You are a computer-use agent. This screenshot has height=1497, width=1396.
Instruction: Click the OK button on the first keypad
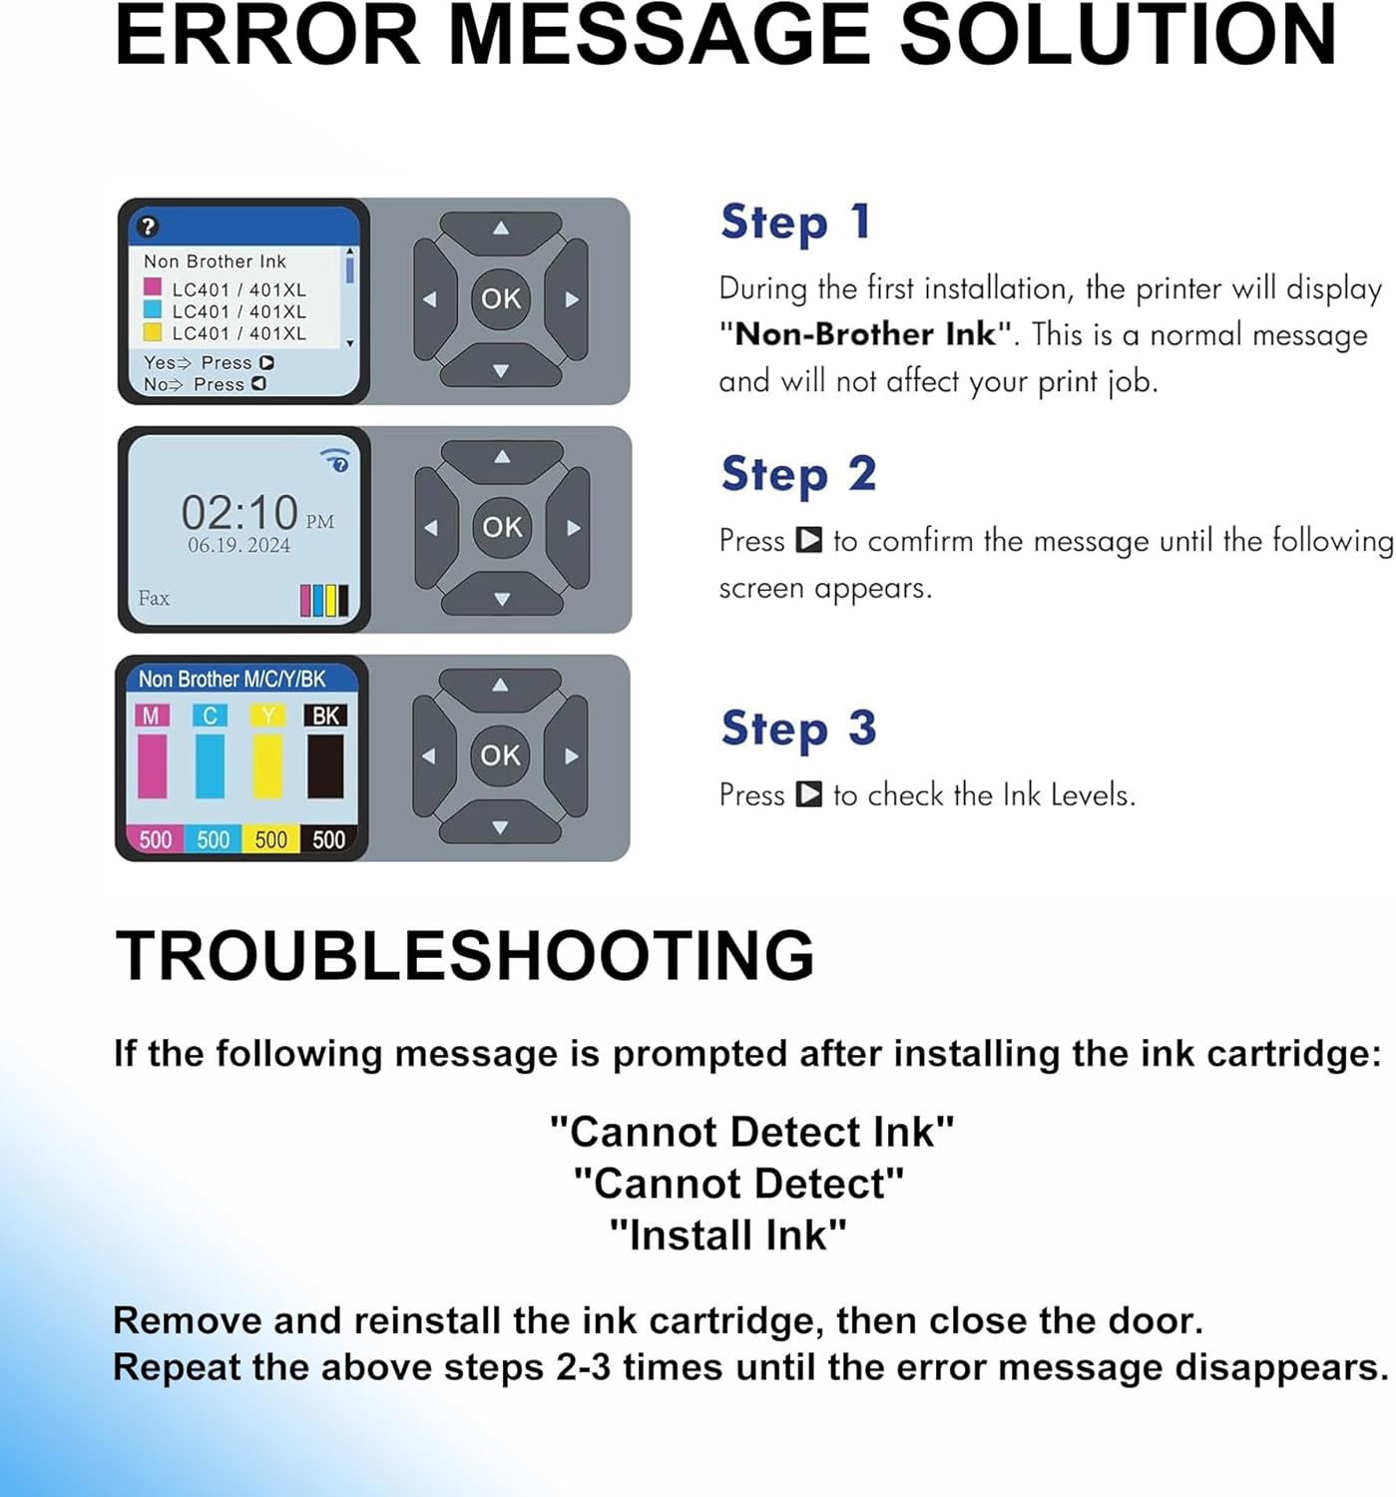coord(501,298)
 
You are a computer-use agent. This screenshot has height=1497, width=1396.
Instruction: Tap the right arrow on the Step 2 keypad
coord(573,528)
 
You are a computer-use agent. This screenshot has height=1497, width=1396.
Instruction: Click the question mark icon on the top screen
coord(148,227)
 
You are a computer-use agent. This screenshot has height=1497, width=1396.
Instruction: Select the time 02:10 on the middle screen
coord(239,513)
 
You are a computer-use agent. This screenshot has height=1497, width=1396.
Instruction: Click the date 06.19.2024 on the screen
coord(239,546)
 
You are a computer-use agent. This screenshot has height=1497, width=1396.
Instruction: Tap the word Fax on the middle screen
coord(154,599)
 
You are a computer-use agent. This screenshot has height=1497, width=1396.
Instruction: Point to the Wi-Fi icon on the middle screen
coord(336,460)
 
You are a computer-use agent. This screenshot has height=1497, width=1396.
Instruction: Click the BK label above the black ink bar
coord(325,716)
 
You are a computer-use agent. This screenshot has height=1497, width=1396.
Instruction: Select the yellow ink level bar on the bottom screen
coord(268,766)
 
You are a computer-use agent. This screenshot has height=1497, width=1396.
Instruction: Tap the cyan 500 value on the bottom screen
coord(213,839)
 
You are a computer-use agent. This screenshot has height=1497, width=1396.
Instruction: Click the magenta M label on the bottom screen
coord(151,716)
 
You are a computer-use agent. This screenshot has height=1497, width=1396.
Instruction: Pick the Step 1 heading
coord(795,222)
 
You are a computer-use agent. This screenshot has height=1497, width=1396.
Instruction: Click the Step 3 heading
coord(798,729)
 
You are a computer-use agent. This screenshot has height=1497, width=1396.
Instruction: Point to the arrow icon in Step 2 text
coord(808,541)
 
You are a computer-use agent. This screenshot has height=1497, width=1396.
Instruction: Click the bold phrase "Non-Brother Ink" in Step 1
coord(865,334)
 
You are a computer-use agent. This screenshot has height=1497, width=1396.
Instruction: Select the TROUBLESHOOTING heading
coord(465,955)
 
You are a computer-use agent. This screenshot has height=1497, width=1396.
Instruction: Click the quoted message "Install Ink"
coord(727,1236)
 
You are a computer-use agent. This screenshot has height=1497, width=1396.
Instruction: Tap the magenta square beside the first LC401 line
coord(153,288)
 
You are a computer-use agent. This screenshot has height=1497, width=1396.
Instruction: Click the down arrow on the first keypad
coord(501,370)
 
